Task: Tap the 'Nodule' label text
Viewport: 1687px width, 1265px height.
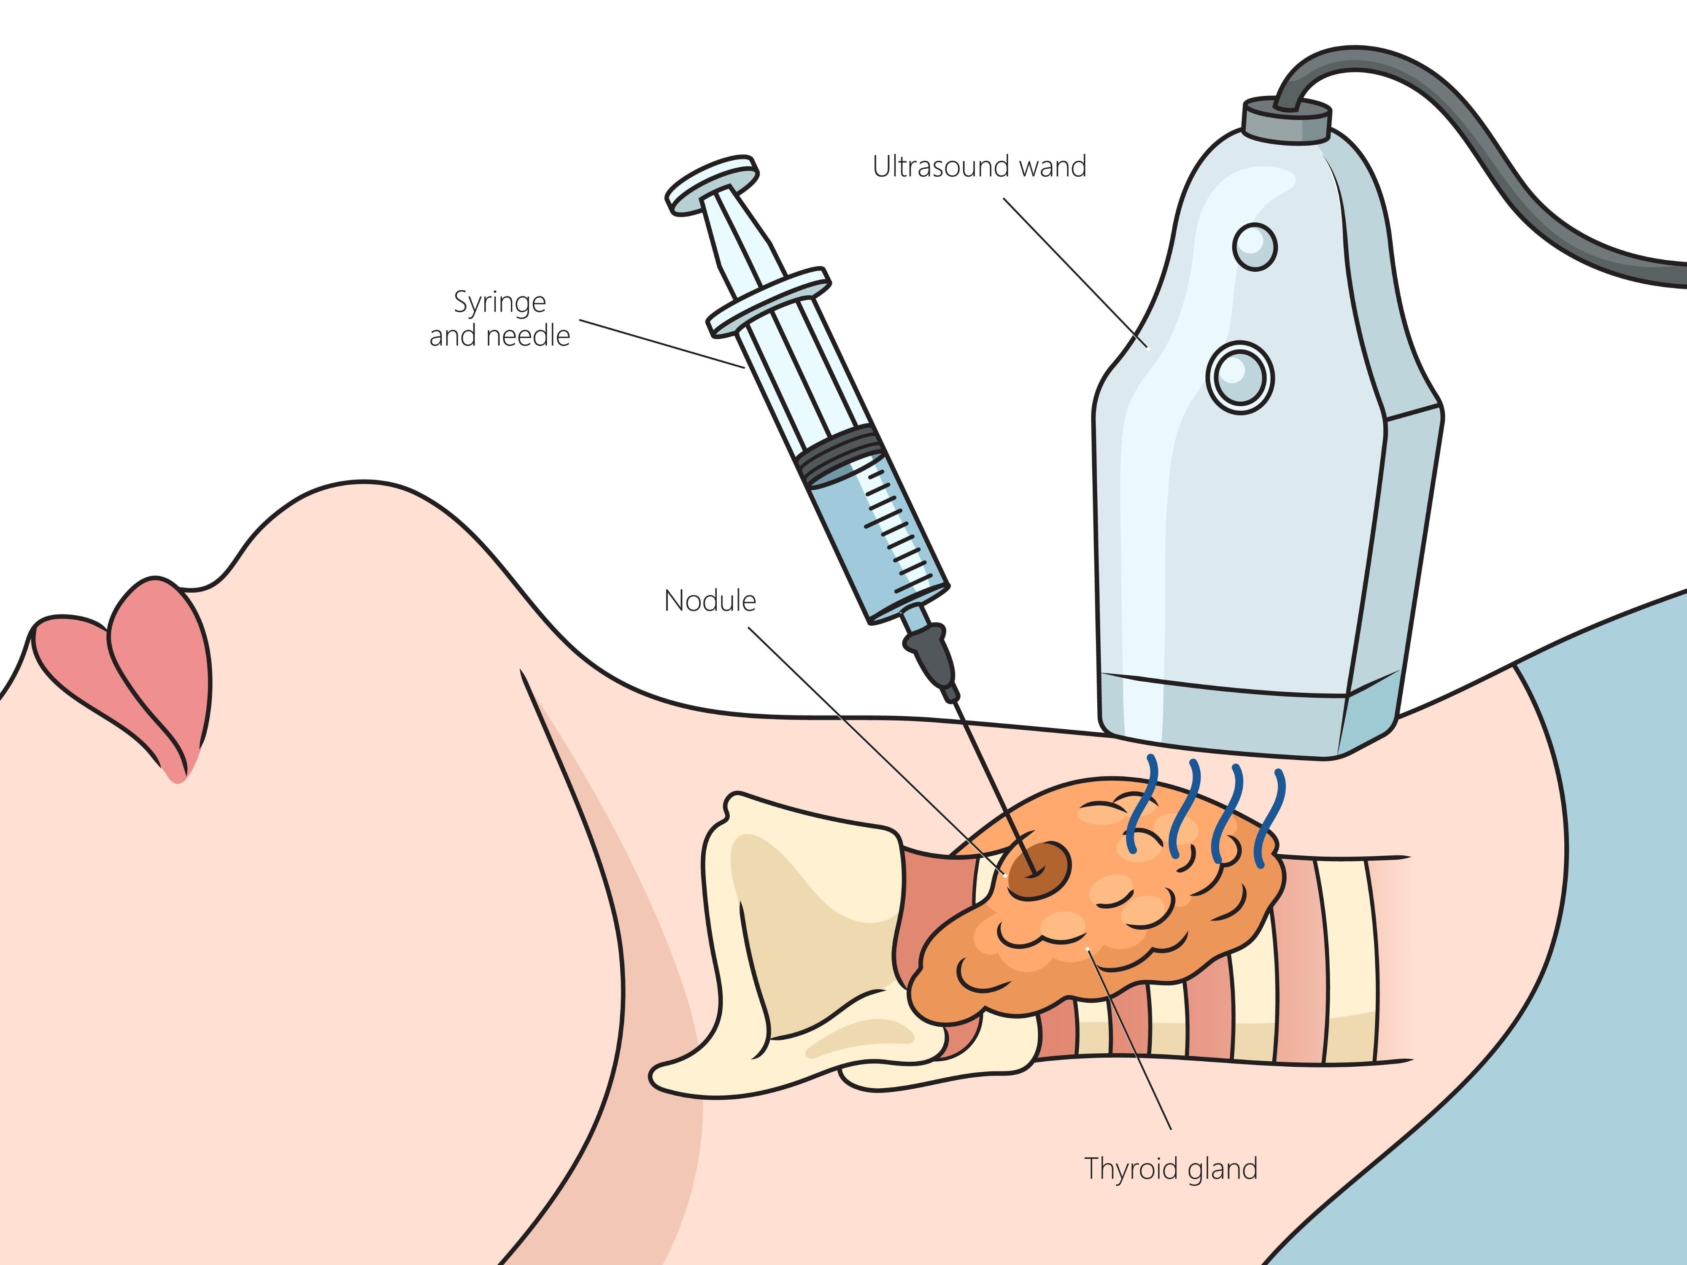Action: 709,601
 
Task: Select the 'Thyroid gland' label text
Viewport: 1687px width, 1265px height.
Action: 1171,1169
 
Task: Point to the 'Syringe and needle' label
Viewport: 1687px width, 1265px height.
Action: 499,319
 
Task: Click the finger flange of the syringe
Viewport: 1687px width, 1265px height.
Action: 768,299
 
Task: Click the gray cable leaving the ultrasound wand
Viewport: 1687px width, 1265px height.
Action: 1487,153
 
